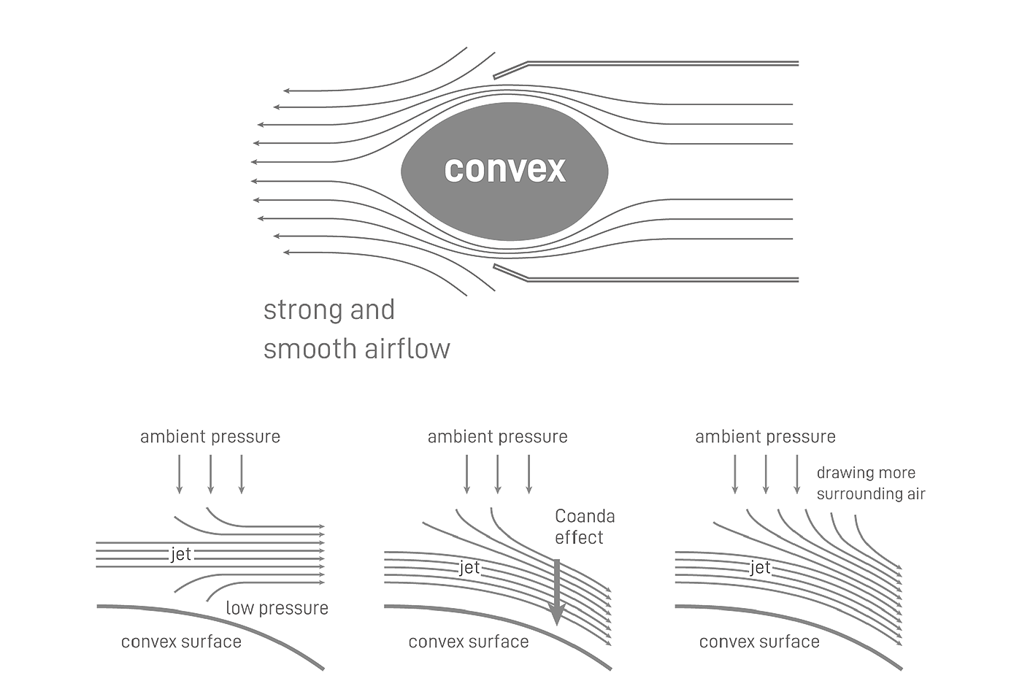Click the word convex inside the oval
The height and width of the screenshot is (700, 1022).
504,169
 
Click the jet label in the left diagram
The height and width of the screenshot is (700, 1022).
180,554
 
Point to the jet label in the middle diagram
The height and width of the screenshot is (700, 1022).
469,567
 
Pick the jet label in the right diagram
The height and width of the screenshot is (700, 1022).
759,567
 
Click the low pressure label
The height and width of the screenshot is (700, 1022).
277,608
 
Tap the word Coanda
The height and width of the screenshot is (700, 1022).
585,516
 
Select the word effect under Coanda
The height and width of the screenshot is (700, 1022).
579,538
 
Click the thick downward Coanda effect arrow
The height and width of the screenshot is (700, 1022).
557,591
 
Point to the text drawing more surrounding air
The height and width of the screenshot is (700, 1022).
870,483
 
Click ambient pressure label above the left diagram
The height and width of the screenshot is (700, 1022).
210,436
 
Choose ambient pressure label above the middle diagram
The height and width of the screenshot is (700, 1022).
497,436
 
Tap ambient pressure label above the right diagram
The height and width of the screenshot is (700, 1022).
765,436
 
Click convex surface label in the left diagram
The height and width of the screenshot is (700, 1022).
181,642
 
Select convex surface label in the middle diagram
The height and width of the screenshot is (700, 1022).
468,642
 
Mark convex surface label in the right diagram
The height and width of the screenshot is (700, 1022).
759,642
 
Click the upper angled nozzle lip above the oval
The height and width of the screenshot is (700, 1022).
510,70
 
